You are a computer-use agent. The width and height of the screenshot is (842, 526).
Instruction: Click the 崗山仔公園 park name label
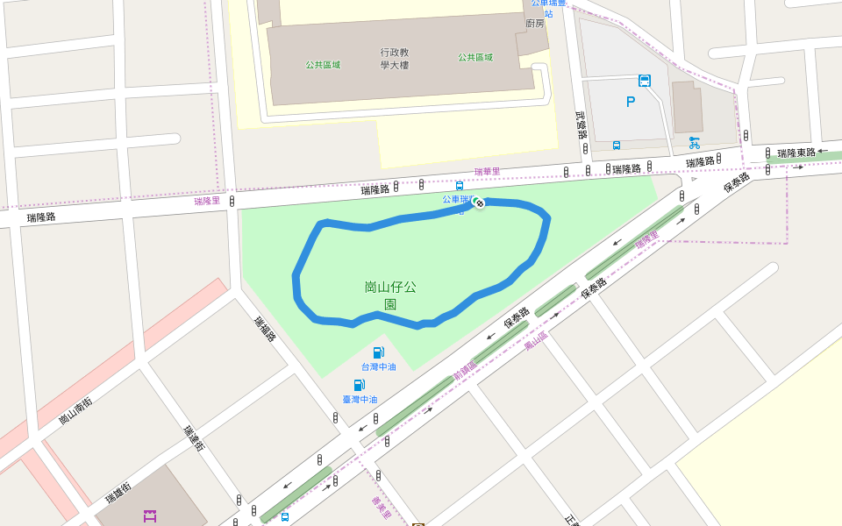point(390,295)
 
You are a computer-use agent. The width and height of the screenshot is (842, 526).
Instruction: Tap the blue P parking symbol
point(631,102)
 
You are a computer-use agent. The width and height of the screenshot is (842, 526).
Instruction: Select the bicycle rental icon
point(694,142)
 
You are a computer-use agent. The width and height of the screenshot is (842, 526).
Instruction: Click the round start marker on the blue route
point(478,203)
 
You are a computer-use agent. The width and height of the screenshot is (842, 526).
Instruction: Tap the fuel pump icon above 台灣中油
point(378,352)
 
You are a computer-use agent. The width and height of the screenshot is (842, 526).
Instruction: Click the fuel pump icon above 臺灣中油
point(359,385)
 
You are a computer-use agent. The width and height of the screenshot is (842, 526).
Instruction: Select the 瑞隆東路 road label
point(796,153)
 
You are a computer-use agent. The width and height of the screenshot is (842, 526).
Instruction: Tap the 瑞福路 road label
point(265,329)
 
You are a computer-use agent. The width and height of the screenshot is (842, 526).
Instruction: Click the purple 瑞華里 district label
point(487,172)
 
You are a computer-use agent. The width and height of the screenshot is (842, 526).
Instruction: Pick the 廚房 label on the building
point(535,24)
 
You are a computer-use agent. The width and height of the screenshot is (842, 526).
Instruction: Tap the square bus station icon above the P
point(645,81)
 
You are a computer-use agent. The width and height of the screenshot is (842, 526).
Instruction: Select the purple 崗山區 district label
point(535,342)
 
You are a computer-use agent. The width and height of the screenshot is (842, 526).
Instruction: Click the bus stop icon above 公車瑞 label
point(459,186)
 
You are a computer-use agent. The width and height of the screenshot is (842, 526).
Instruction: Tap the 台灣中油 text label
point(378,366)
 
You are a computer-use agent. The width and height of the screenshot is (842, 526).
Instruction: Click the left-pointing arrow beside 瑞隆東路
point(823,152)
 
